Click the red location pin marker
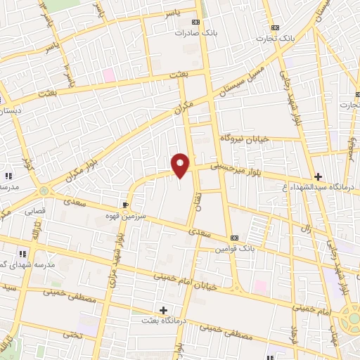click(181, 165)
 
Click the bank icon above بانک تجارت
click(274, 27)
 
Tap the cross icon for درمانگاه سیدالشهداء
click(318, 176)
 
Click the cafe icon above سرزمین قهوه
click(126, 205)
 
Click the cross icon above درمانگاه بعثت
click(163, 309)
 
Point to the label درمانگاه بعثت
click(162, 321)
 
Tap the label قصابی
click(34, 210)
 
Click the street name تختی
click(72, 333)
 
